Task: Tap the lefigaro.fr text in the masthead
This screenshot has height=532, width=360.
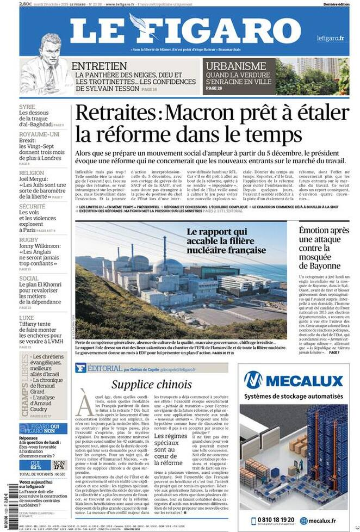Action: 331,38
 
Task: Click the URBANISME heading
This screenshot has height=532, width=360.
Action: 235,66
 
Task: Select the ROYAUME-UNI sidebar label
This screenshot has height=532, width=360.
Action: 40,134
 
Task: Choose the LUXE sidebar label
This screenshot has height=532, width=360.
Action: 27,318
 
